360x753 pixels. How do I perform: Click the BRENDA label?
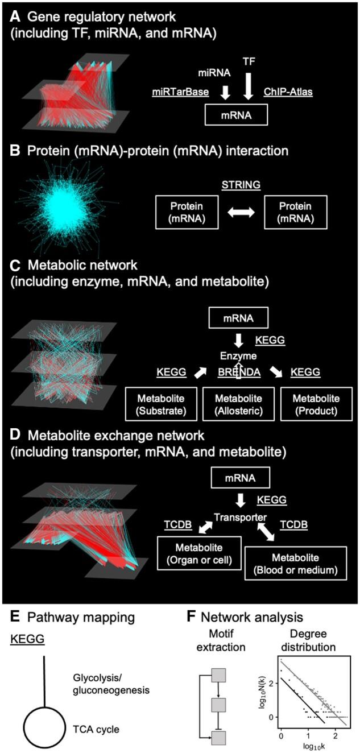[x=238, y=373]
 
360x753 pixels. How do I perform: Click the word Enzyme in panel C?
[x=238, y=356]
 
